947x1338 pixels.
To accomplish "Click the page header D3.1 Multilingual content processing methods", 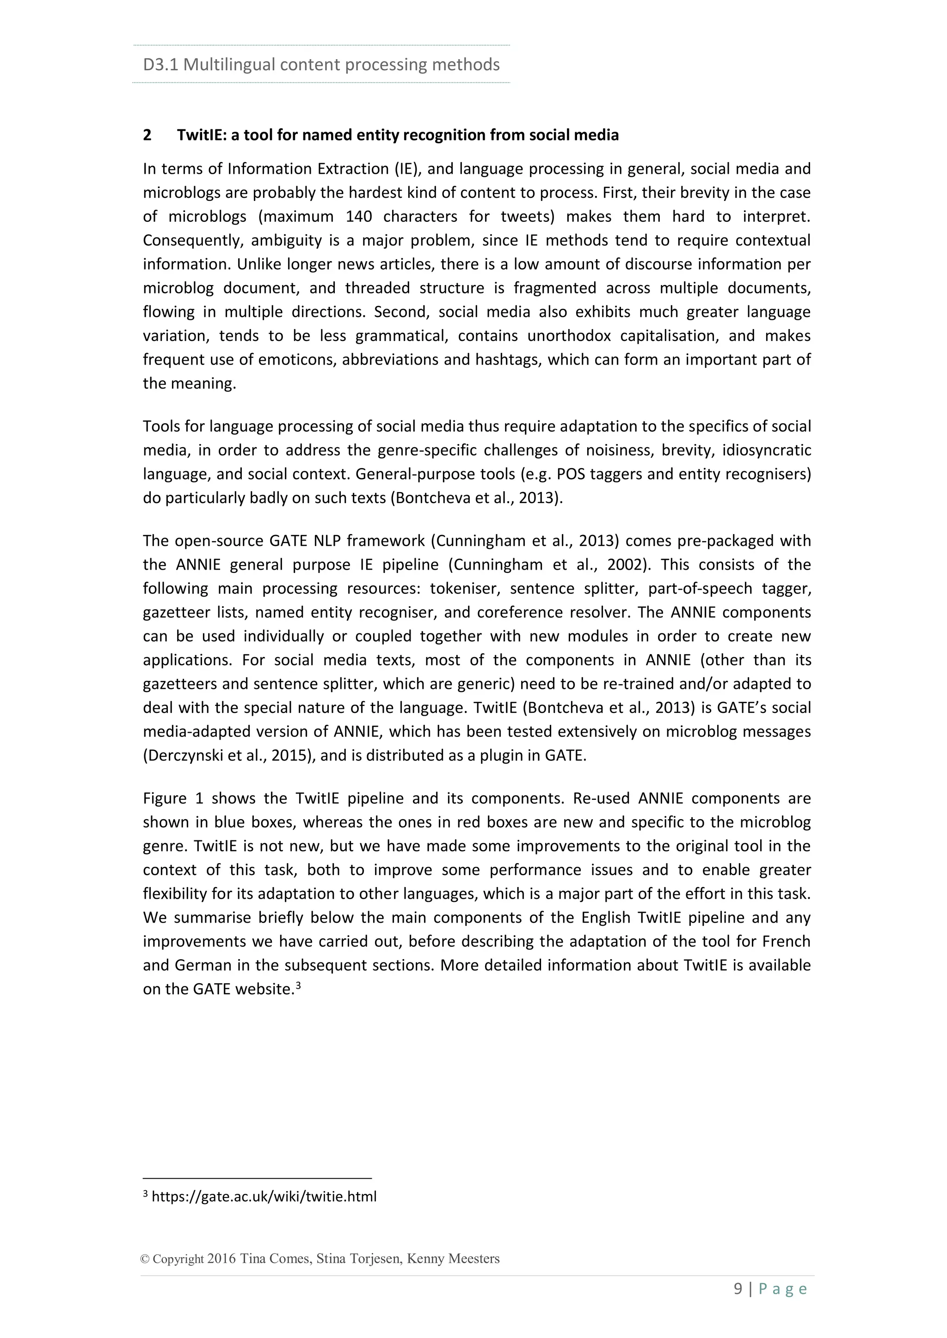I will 321,65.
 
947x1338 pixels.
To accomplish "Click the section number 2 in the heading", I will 148,135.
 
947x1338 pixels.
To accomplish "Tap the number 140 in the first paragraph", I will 359,217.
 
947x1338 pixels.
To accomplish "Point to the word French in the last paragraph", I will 786,942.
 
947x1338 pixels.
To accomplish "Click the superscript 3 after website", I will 298,986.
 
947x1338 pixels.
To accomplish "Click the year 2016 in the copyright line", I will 221,1259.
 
